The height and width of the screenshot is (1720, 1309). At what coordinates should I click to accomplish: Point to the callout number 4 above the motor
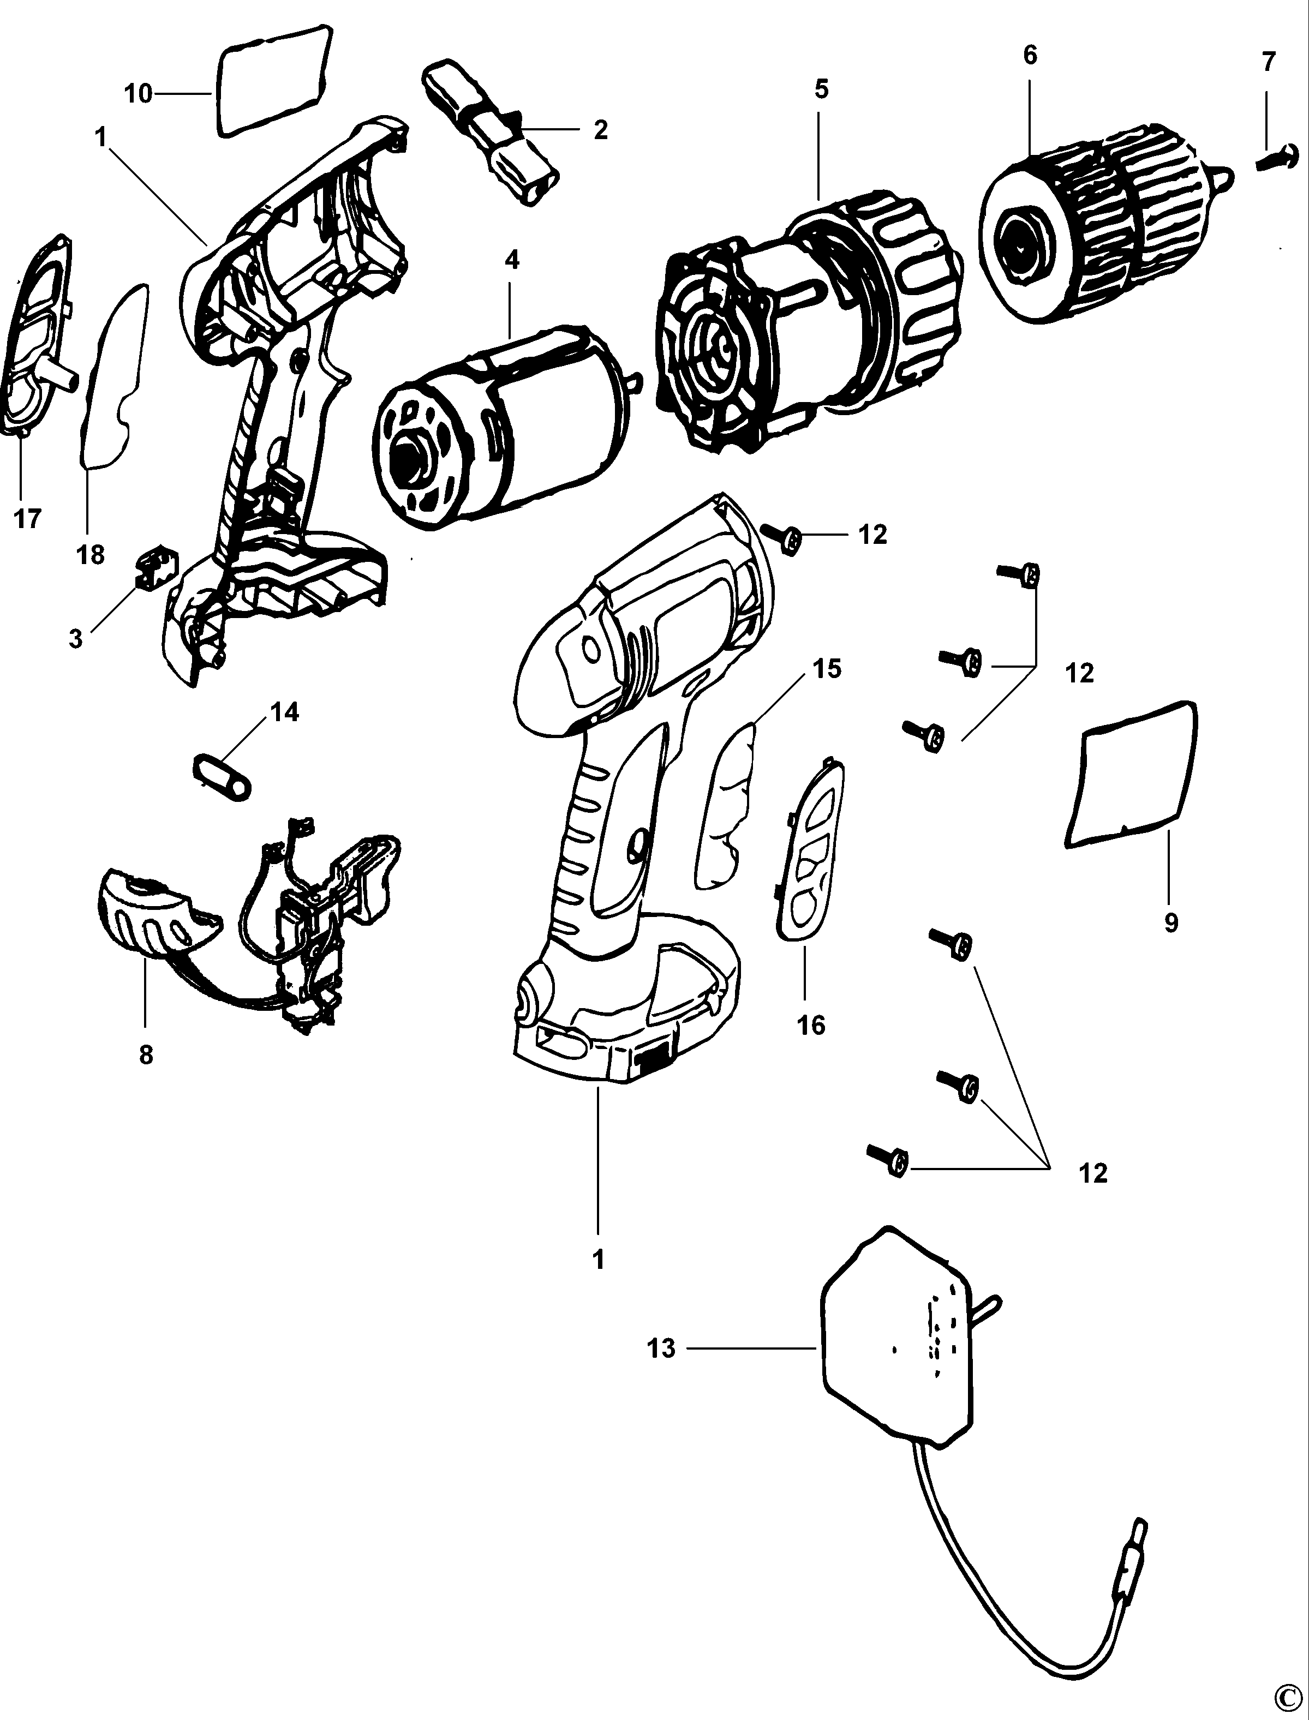[x=512, y=260]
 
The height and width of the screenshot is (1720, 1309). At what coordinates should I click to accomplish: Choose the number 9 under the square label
[x=1170, y=923]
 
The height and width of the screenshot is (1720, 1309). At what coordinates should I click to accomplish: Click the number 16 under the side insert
[x=811, y=1025]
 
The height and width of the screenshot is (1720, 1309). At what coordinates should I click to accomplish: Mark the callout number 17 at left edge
[x=27, y=518]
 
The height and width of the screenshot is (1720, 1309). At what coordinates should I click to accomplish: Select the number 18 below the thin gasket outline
[x=91, y=555]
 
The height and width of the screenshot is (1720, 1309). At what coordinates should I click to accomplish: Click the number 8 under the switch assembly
[x=146, y=1054]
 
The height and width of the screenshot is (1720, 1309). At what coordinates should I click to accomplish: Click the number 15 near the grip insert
[x=827, y=668]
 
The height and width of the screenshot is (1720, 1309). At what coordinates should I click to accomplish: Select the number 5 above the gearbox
[x=821, y=89]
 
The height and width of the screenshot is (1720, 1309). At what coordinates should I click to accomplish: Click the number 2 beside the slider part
[x=600, y=129]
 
